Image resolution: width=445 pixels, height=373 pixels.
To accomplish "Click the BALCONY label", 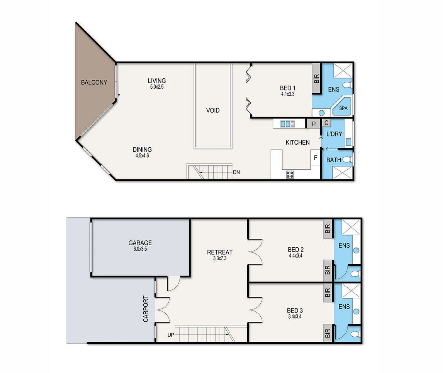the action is coord(94,83).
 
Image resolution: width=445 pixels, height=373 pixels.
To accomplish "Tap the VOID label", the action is coord(213,110).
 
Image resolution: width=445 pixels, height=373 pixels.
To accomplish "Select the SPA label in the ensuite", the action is coord(343,108).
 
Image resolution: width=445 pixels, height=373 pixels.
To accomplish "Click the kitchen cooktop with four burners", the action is coord(290,174).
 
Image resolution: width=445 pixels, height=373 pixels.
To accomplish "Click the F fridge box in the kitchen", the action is coord(315,158).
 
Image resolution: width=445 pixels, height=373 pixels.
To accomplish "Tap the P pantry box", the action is coord(314,124).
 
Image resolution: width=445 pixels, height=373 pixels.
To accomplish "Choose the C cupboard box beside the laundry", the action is coord(326,123).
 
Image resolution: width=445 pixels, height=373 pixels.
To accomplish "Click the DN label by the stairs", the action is coord(236,172).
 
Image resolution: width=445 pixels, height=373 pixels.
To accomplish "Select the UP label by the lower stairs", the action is coord(171,335).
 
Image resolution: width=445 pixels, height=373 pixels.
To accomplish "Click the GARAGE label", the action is coord(140,243).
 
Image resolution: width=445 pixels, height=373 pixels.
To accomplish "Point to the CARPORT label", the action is coord(146,309).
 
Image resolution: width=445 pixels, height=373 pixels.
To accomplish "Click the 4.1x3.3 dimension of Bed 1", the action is coord(287,94).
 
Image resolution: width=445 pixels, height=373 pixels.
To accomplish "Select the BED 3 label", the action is coord(295,311).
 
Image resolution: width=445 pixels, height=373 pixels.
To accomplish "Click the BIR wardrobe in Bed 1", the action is coord(316,78).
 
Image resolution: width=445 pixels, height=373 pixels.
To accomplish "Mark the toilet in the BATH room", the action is coord(348,160).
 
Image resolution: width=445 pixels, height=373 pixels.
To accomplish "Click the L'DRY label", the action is coord(334,134).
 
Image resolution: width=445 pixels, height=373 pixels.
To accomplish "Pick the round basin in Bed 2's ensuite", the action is coord(357,250).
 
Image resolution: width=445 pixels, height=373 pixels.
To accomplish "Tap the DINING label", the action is coord(142,149).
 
